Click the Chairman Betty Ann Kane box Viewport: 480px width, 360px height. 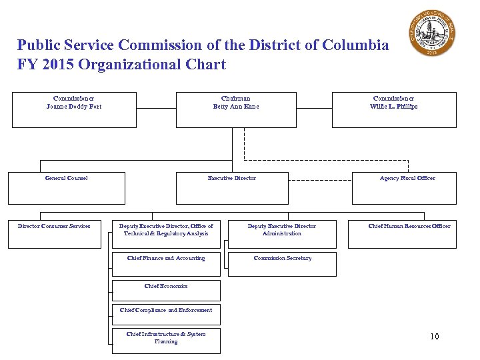tap(236, 109)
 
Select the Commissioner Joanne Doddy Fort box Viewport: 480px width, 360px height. tap(74, 109)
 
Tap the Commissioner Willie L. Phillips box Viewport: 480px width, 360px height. tap(394, 109)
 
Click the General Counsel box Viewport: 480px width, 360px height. tap(66, 188)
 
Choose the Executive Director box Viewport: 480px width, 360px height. tap(232, 188)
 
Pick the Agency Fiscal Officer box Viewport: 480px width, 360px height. tap(407, 188)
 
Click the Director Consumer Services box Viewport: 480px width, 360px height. tap(54, 234)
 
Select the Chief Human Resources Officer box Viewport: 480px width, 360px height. tap(409, 234)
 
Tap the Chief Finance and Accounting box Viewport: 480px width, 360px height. tap(166, 264)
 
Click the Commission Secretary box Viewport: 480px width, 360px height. tap(282, 264)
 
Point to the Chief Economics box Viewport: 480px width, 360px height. tap(166, 290)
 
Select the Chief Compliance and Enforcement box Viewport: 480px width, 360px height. tap(166, 314)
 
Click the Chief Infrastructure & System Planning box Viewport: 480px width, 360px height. tap(166, 340)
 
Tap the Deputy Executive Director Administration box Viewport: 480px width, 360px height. tap(282, 234)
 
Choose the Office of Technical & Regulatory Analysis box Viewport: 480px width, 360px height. tap(166, 234)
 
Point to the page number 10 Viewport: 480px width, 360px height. tap(434, 336)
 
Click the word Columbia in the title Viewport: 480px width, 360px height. tap(355, 45)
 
